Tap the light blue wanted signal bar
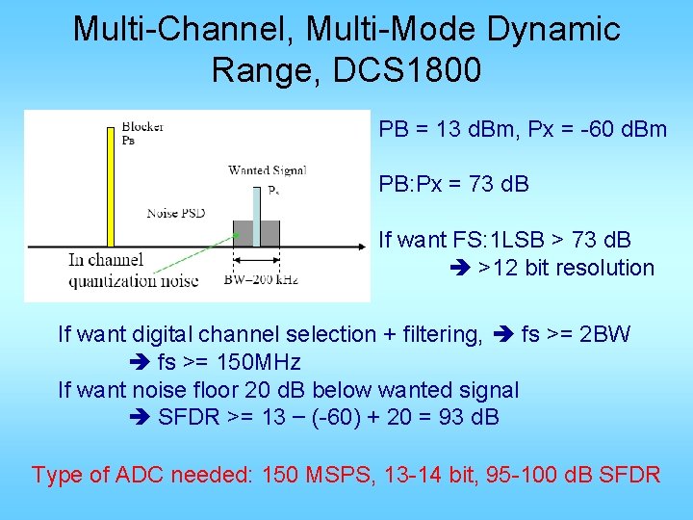pos(256,217)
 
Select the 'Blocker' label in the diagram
pos(142,126)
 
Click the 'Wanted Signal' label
pos(267,170)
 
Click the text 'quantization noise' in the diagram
pos(133,281)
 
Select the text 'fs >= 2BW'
pos(576,334)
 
